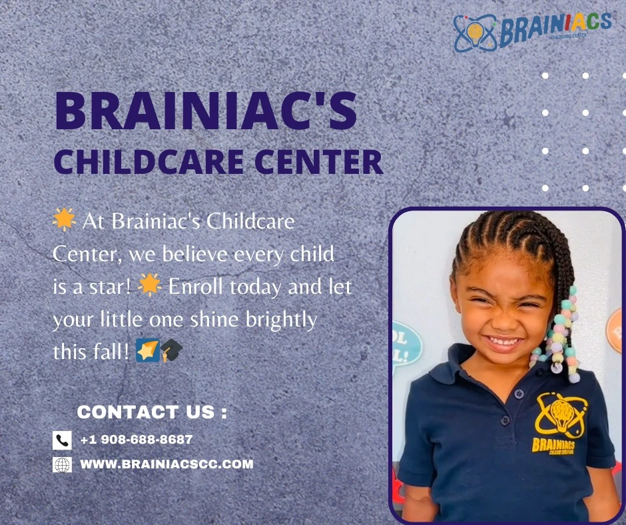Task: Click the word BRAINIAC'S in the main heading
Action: [x=206, y=110]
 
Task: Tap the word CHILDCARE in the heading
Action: [x=149, y=162]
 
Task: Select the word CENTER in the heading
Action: [x=318, y=162]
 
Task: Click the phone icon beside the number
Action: [x=62, y=440]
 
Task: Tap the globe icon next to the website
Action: [x=62, y=464]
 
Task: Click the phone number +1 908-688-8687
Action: [x=137, y=440]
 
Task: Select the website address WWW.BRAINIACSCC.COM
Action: [x=166, y=464]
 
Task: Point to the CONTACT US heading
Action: [x=152, y=412]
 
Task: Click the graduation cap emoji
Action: [x=171, y=350]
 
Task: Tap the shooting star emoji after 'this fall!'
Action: [x=147, y=350]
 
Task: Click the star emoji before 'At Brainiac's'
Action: [x=64, y=219]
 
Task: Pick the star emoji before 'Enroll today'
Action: [x=150, y=285]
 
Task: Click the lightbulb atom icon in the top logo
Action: [x=475, y=33]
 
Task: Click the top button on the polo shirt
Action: [x=519, y=394]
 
